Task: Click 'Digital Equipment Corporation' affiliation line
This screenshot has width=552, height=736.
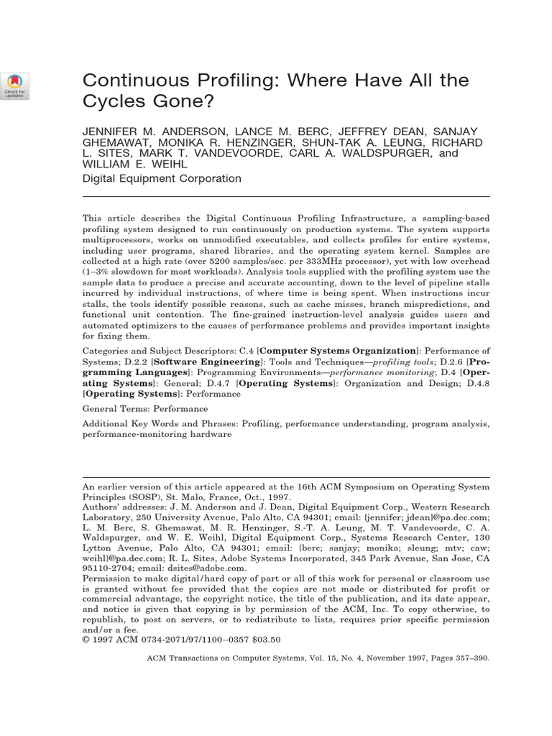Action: pyautogui.click(x=162, y=179)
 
